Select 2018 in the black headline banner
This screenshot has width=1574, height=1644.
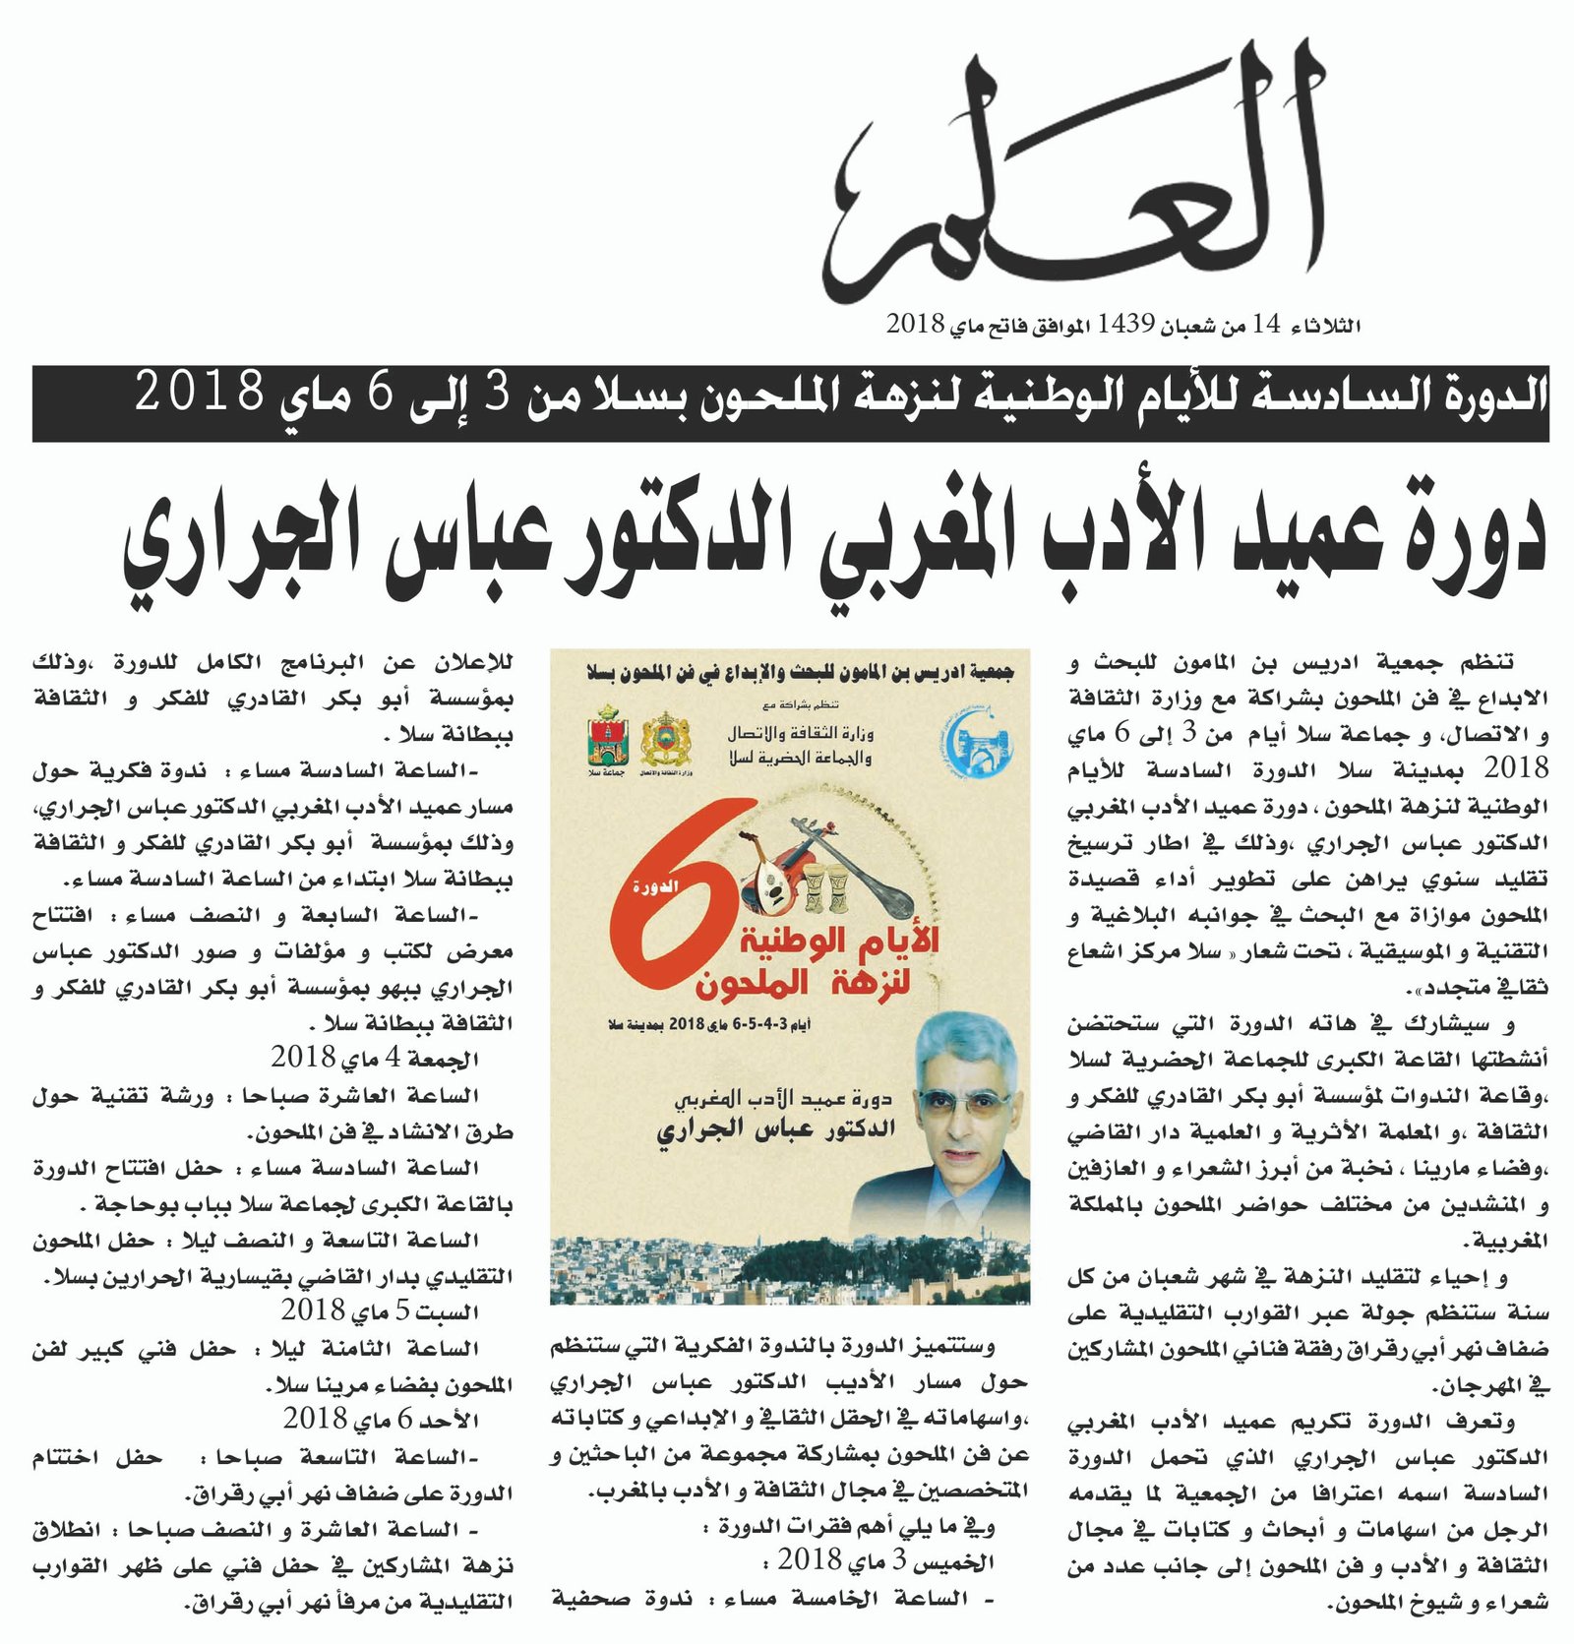click(200, 393)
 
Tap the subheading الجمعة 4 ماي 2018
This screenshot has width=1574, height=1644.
click(375, 1058)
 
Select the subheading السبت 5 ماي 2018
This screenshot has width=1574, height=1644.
click(380, 1311)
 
